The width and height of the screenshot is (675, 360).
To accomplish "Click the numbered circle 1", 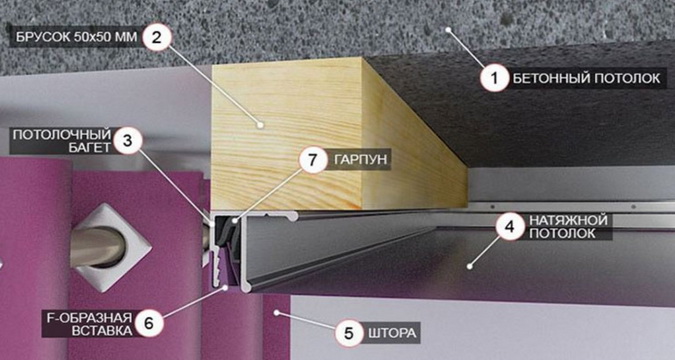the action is point(495,78).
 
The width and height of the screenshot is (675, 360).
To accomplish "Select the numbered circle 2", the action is point(156,37).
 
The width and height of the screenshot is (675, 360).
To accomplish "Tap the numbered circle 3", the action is point(127,141).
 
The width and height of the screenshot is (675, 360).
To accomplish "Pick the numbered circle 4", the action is point(510,227).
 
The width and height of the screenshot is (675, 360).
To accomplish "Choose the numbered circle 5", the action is point(349,333).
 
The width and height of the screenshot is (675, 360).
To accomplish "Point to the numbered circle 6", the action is point(149,323).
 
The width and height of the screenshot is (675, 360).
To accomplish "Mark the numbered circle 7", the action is point(313,160).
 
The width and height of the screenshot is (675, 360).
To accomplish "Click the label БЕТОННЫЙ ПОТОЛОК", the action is point(586,78).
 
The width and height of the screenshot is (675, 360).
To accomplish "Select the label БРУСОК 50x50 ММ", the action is point(77,37).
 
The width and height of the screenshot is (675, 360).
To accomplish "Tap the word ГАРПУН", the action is point(361,160).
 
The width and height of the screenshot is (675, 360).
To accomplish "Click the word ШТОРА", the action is point(392,333).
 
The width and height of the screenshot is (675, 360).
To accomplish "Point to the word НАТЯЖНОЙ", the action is point(568,220).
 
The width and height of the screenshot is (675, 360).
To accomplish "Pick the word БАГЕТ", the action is point(90,148).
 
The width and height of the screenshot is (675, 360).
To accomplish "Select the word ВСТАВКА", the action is point(102,330).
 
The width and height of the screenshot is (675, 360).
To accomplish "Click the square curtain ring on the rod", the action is point(111,248).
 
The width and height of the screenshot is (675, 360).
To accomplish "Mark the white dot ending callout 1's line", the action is point(448,30).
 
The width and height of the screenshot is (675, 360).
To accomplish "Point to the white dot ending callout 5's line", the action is point(277,312).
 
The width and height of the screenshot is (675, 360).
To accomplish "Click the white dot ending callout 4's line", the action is point(470,267).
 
